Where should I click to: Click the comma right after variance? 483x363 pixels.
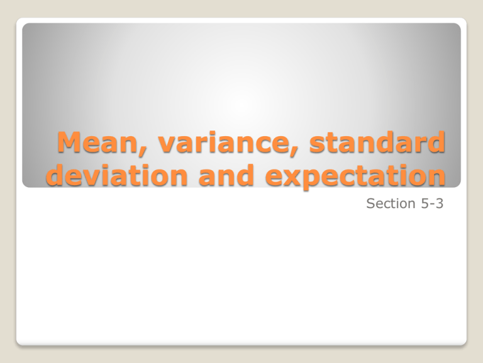point(270,151)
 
